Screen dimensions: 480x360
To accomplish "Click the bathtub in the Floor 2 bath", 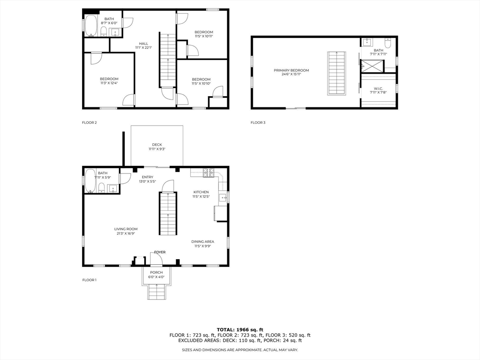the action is (x=91, y=26).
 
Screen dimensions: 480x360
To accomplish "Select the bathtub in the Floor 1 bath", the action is (x=90, y=181).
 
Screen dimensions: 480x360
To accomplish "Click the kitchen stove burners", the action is (x=209, y=173).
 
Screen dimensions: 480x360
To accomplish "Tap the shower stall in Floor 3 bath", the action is (x=372, y=66).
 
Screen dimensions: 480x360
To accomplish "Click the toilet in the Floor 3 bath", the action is (x=388, y=43).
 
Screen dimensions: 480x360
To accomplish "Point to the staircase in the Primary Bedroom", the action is (x=337, y=74).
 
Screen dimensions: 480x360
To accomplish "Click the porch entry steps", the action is (x=157, y=292).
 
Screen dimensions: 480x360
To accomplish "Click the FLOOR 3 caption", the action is (x=258, y=122).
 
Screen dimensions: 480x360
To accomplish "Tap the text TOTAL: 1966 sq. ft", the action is (x=240, y=330).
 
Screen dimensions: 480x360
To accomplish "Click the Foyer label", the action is (x=160, y=252).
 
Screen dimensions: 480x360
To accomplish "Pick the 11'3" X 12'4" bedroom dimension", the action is (x=109, y=83).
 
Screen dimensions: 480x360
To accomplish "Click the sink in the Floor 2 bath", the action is (x=115, y=32).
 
